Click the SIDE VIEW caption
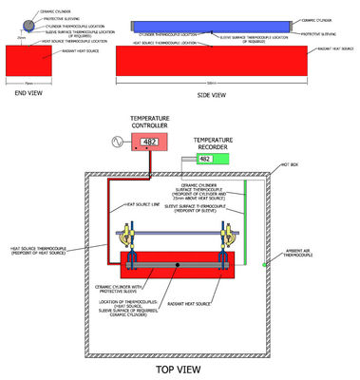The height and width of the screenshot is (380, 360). point(210,95)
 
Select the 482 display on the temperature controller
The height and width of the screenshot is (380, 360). point(149,142)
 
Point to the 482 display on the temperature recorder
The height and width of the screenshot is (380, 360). point(204,159)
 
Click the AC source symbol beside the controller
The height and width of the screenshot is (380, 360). point(117,142)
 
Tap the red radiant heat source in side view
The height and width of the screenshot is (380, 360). point(210,63)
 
